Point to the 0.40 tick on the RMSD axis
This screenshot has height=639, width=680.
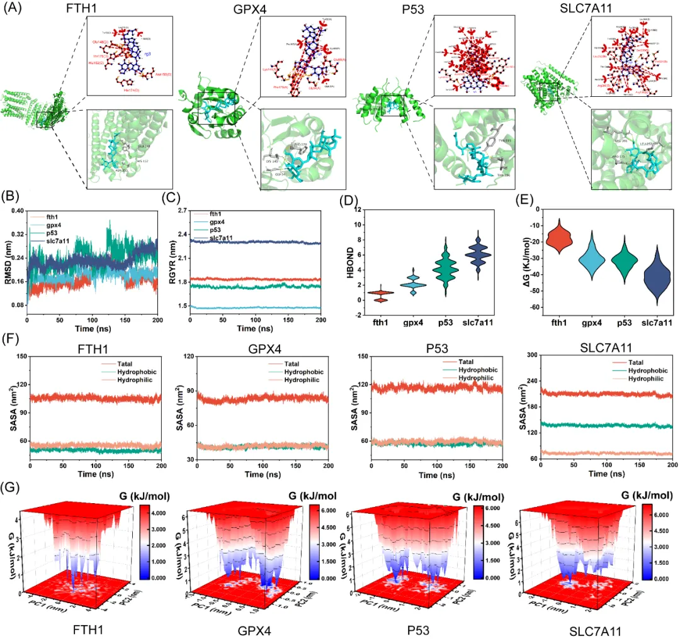tap(15, 211)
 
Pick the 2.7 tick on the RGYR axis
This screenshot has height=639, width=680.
tap(182, 211)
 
